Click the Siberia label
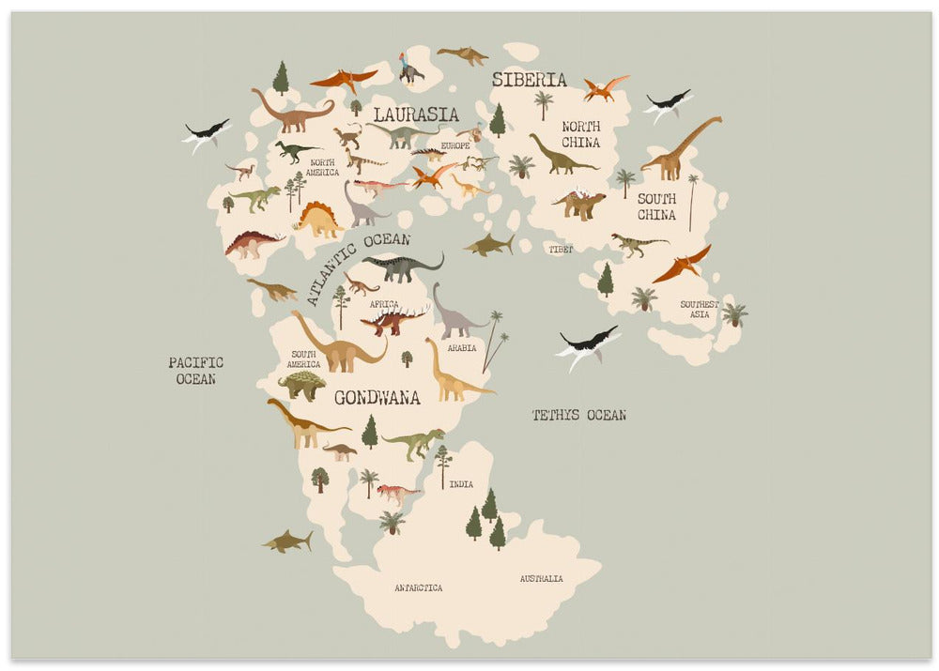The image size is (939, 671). (x=529, y=80)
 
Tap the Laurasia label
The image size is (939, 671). (x=416, y=114)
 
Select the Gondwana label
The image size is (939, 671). (x=377, y=397)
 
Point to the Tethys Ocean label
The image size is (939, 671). (x=578, y=415)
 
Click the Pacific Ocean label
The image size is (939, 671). (x=195, y=371)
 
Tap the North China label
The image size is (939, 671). (x=580, y=135)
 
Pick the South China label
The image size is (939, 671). (x=656, y=206)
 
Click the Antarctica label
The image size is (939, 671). (x=418, y=588)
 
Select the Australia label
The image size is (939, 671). (x=542, y=579)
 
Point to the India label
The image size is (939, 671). (x=461, y=484)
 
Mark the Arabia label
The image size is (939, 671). (x=461, y=347)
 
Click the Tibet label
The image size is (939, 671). (x=561, y=250)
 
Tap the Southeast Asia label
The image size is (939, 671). (x=700, y=309)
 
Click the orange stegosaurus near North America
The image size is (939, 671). (x=318, y=220)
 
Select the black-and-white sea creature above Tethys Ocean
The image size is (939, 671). (x=588, y=344)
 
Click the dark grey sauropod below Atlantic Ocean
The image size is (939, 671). (x=402, y=267)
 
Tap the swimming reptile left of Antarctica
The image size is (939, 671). (x=287, y=541)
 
